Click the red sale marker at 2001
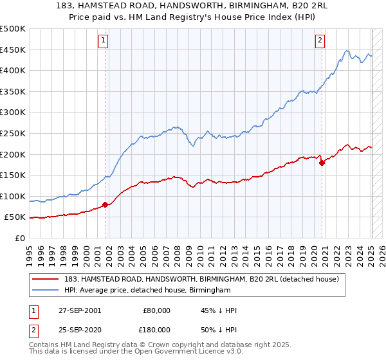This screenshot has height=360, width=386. (105, 205)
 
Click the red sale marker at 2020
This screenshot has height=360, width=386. (322, 163)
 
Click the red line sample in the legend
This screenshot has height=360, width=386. (46, 278)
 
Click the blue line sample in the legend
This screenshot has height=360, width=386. (46, 291)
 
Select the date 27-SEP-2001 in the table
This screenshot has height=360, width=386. (80, 310)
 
